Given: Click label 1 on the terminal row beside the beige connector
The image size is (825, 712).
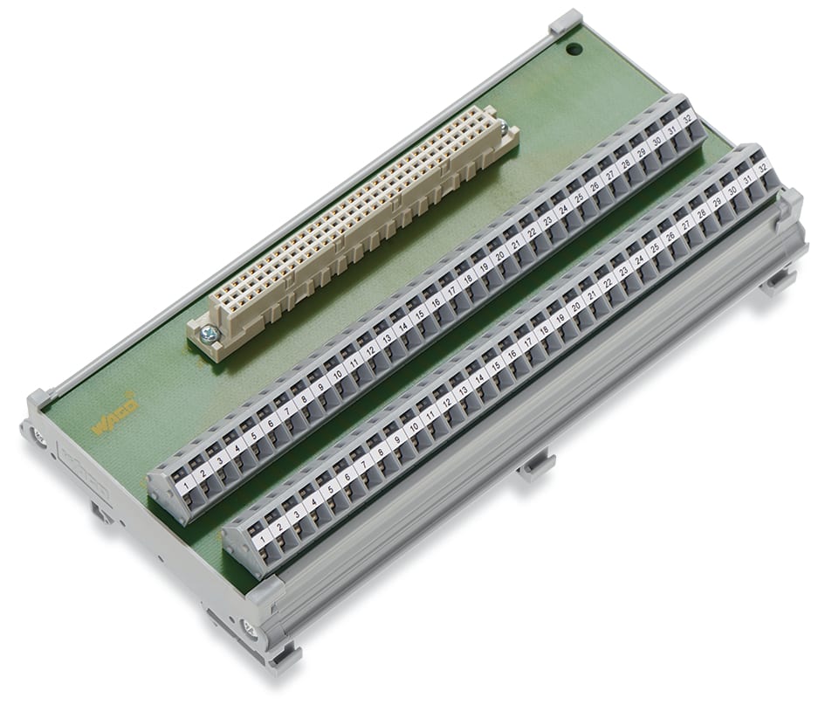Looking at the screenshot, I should tap(186, 480).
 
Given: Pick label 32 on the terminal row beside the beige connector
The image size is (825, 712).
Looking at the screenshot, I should tap(688, 119).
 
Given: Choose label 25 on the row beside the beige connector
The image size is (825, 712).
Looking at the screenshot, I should tap(580, 197).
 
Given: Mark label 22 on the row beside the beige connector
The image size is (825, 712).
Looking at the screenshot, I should tap(532, 231).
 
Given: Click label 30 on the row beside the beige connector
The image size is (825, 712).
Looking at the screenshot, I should tap(657, 141).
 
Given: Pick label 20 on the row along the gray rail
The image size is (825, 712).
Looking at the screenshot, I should tap(576, 306).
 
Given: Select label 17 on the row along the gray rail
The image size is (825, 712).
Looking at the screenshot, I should tap(528, 342).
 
